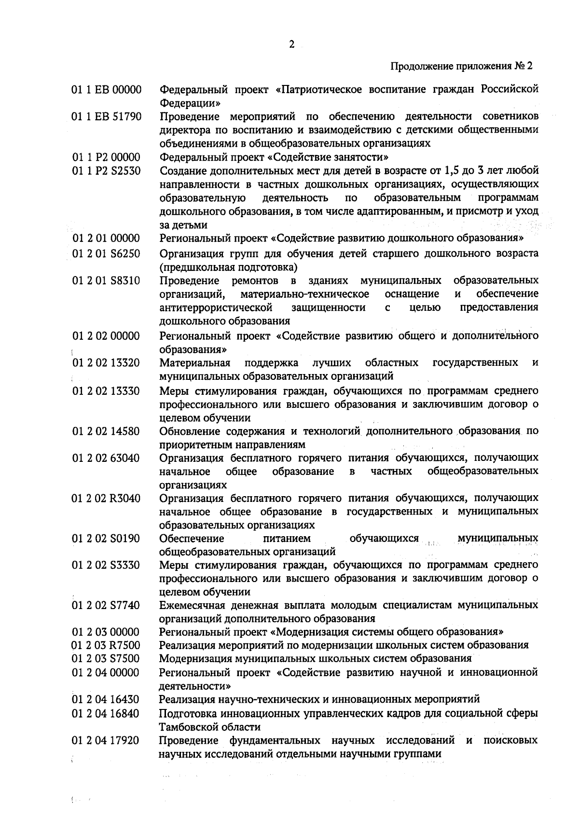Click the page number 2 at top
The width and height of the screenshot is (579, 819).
pos(291,44)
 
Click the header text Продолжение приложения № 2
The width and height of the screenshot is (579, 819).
pos(461,66)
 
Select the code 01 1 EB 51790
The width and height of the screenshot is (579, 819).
pos(107,116)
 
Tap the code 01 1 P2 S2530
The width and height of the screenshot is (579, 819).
pos(106,171)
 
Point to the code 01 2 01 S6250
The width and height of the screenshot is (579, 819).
pos(106,254)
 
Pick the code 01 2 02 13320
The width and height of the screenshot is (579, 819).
pos(106,363)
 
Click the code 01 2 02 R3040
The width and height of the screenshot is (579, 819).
pos(106,498)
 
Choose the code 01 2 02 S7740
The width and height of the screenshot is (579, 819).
pos(106,605)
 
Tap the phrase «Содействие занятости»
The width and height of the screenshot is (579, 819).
pos(328,157)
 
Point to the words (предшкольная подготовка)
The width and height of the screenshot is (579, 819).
pos(228,267)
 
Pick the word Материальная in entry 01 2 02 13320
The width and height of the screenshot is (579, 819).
pos(195,363)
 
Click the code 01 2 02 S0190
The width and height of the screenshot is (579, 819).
pos(106,538)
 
